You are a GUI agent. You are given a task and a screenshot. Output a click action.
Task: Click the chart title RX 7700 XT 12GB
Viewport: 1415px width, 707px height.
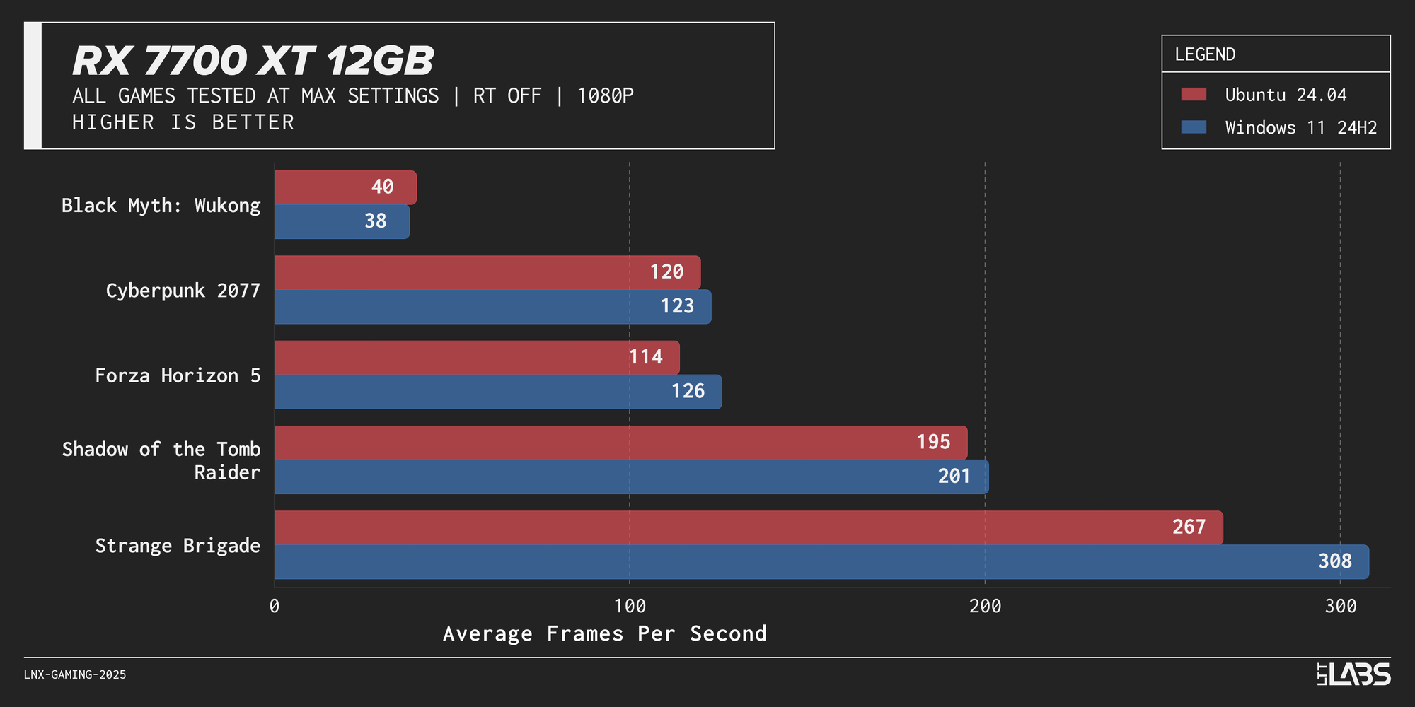pyautogui.click(x=253, y=61)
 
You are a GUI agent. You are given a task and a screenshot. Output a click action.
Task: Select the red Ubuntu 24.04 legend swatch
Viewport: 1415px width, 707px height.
pyautogui.click(x=1194, y=95)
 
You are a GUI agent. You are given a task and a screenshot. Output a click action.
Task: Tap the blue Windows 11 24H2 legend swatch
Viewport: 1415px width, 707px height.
pyautogui.click(x=1194, y=127)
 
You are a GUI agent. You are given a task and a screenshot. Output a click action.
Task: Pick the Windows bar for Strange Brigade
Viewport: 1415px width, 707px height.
pyautogui.click(x=778, y=562)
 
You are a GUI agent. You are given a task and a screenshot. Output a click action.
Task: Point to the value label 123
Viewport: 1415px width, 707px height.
pyautogui.click(x=677, y=306)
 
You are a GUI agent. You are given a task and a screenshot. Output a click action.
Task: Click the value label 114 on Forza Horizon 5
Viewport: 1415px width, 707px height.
pyautogui.click(x=646, y=357)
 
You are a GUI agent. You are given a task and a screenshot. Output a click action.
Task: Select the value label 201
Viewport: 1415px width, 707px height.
pyautogui.click(x=954, y=477)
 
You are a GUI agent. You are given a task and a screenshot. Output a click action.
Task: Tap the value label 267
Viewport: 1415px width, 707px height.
pyautogui.click(x=1189, y=527)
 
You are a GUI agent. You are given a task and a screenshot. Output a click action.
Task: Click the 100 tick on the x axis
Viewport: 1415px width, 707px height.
pyautogui.click(x=630, y=607)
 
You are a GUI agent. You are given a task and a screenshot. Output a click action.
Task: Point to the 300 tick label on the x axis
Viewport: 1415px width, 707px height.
pyautogui.click(x=1341, y=607)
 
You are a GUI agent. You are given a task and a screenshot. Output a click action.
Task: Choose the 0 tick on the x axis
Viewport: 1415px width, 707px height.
pyautogui.click(x=275, y=607)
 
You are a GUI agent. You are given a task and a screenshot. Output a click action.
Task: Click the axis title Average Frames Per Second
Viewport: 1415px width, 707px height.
pyautogui.click(x=605, y=633)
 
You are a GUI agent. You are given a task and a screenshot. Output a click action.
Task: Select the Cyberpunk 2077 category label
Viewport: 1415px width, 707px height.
pyautogui.click(x=183, y=291)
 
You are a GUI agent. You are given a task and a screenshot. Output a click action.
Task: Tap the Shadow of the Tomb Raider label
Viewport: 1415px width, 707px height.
pyautogui.click(x=161, y=460)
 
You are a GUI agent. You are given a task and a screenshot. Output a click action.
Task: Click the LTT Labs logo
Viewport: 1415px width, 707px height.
pyautogui.click(x=1353, y=674)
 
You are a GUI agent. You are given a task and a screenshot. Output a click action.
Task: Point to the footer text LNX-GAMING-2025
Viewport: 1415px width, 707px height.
pyautogui.click(x=75, y=675)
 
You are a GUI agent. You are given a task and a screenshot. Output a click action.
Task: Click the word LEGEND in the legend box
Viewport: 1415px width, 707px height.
pyautogui.click(x=1205, y=54)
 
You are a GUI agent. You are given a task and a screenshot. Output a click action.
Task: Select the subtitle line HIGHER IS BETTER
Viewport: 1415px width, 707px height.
pyautogui.click(x=183, y=122)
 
